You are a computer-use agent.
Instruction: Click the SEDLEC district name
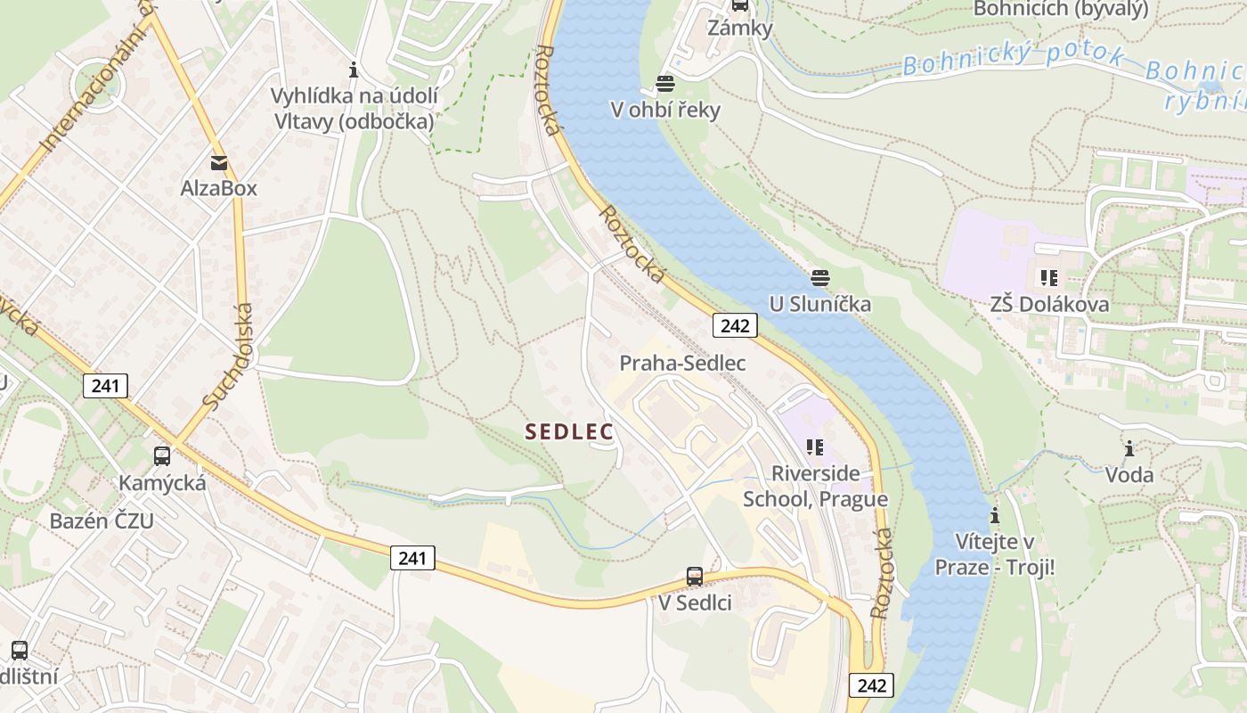coord(569,432)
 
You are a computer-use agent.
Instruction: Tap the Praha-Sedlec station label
coord(682,364)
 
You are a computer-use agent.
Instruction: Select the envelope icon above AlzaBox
coord(218,163)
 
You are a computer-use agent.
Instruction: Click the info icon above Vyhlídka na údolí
coord(354,69)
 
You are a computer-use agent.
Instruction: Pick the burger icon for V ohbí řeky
coord(665,84)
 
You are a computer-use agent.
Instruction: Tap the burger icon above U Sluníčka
coord(820,278)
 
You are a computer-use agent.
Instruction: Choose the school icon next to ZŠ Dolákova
coord(1048,278)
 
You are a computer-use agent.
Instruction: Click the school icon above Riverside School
coord(814,447)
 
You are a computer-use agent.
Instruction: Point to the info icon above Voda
coord(1129,448)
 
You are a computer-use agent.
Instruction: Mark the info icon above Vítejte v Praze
coord(994,516)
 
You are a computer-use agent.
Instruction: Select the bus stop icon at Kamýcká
coord(162,456)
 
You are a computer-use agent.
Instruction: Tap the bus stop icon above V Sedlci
coord(695,577)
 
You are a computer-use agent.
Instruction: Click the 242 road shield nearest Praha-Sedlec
coord(735,325)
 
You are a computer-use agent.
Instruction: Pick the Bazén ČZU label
coord(102,521)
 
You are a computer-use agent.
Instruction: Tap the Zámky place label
coord(739,28)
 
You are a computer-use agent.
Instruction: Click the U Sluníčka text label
coord(820,304)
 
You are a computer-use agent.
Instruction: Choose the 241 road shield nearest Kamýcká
coord(106,386)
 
